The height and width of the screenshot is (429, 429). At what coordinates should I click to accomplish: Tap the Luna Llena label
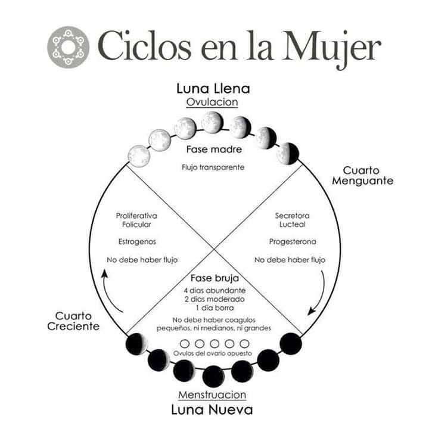coord(213,89)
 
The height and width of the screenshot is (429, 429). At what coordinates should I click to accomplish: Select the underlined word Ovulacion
coord(212,102)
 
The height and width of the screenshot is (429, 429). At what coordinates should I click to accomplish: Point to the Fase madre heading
coord(213,150)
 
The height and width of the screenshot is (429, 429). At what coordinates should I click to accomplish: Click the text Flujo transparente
coord(213,167)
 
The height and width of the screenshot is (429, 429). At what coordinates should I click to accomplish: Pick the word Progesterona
coord(292,242)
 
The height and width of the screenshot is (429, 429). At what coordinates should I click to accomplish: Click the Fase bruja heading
coord(213,278)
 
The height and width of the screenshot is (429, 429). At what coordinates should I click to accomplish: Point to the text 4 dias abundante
coord(213,290)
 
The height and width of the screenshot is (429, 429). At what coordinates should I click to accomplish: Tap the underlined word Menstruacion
coord(212,395)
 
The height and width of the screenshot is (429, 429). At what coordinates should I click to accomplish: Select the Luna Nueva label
coord(212,410)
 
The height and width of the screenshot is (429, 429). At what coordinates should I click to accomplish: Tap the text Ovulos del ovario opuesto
coord(213,353)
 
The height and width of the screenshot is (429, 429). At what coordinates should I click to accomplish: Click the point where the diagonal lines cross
coord(213,250)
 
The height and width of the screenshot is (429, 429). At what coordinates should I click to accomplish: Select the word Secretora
coord(292,215)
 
